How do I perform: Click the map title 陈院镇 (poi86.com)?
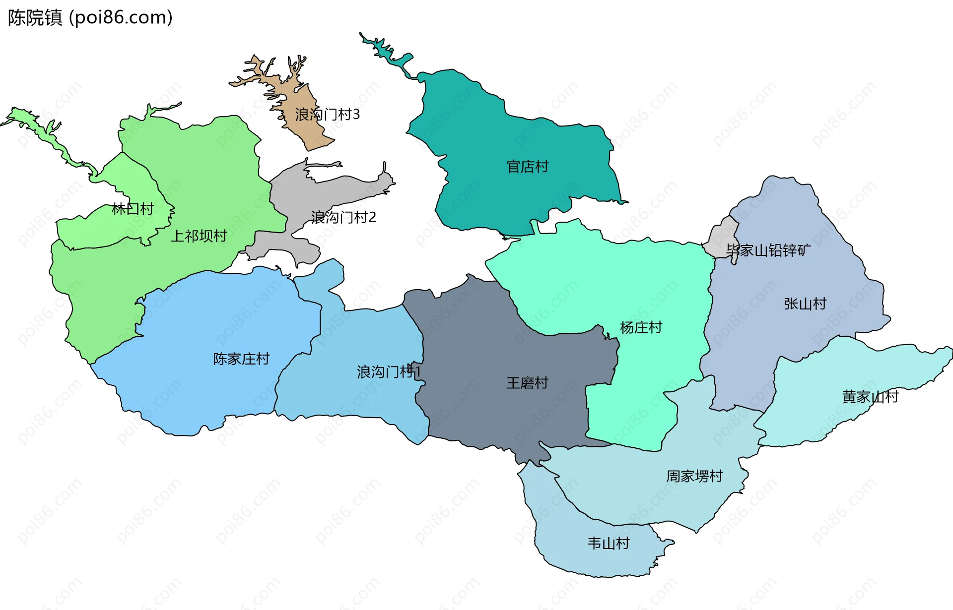click(90, 18)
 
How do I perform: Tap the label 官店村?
click(528, 167)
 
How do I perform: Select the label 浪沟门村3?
click(327, 115)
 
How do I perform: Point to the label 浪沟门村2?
click(343, 217)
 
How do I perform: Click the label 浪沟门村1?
click(389, 371)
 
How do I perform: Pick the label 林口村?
click(133, 209)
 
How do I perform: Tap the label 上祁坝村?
click(199, 236)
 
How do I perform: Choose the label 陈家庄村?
click(241, 359)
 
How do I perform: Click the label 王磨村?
click(527, 383)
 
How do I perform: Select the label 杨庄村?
click(641, 327)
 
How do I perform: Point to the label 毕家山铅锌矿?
click(768, 250)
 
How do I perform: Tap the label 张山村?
click(805, 304)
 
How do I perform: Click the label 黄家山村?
click(870, 397)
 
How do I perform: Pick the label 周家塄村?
click(694, 476)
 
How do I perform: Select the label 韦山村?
click(609, 544)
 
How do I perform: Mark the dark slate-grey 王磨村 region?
click(476, 347)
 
